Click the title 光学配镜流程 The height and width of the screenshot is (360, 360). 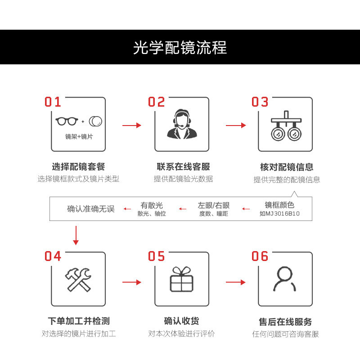click(x=180, y=47)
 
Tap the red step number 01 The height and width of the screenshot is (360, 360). click(x=53, y=102)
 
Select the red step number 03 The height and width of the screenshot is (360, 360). click(x=260, y=102)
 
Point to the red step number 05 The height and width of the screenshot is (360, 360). click(x=157, y=256)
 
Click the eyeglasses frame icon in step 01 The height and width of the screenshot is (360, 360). click(x=67, y=121)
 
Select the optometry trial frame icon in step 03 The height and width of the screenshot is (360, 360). click(x=285, y=126)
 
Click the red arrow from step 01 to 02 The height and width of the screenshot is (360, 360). click(x=132, y=125)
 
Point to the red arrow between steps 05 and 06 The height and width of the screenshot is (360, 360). click(x=235, y=282)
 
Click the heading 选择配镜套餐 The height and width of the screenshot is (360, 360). click(x=78, y=167)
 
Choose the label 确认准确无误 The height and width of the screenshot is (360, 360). click(x=91, y=209)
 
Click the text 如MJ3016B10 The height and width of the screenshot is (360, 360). click(x=279, y=214)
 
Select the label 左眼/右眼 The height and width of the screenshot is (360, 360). click(x=214, y=205)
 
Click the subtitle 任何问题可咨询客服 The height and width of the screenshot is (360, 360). click(x=285, y=334)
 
